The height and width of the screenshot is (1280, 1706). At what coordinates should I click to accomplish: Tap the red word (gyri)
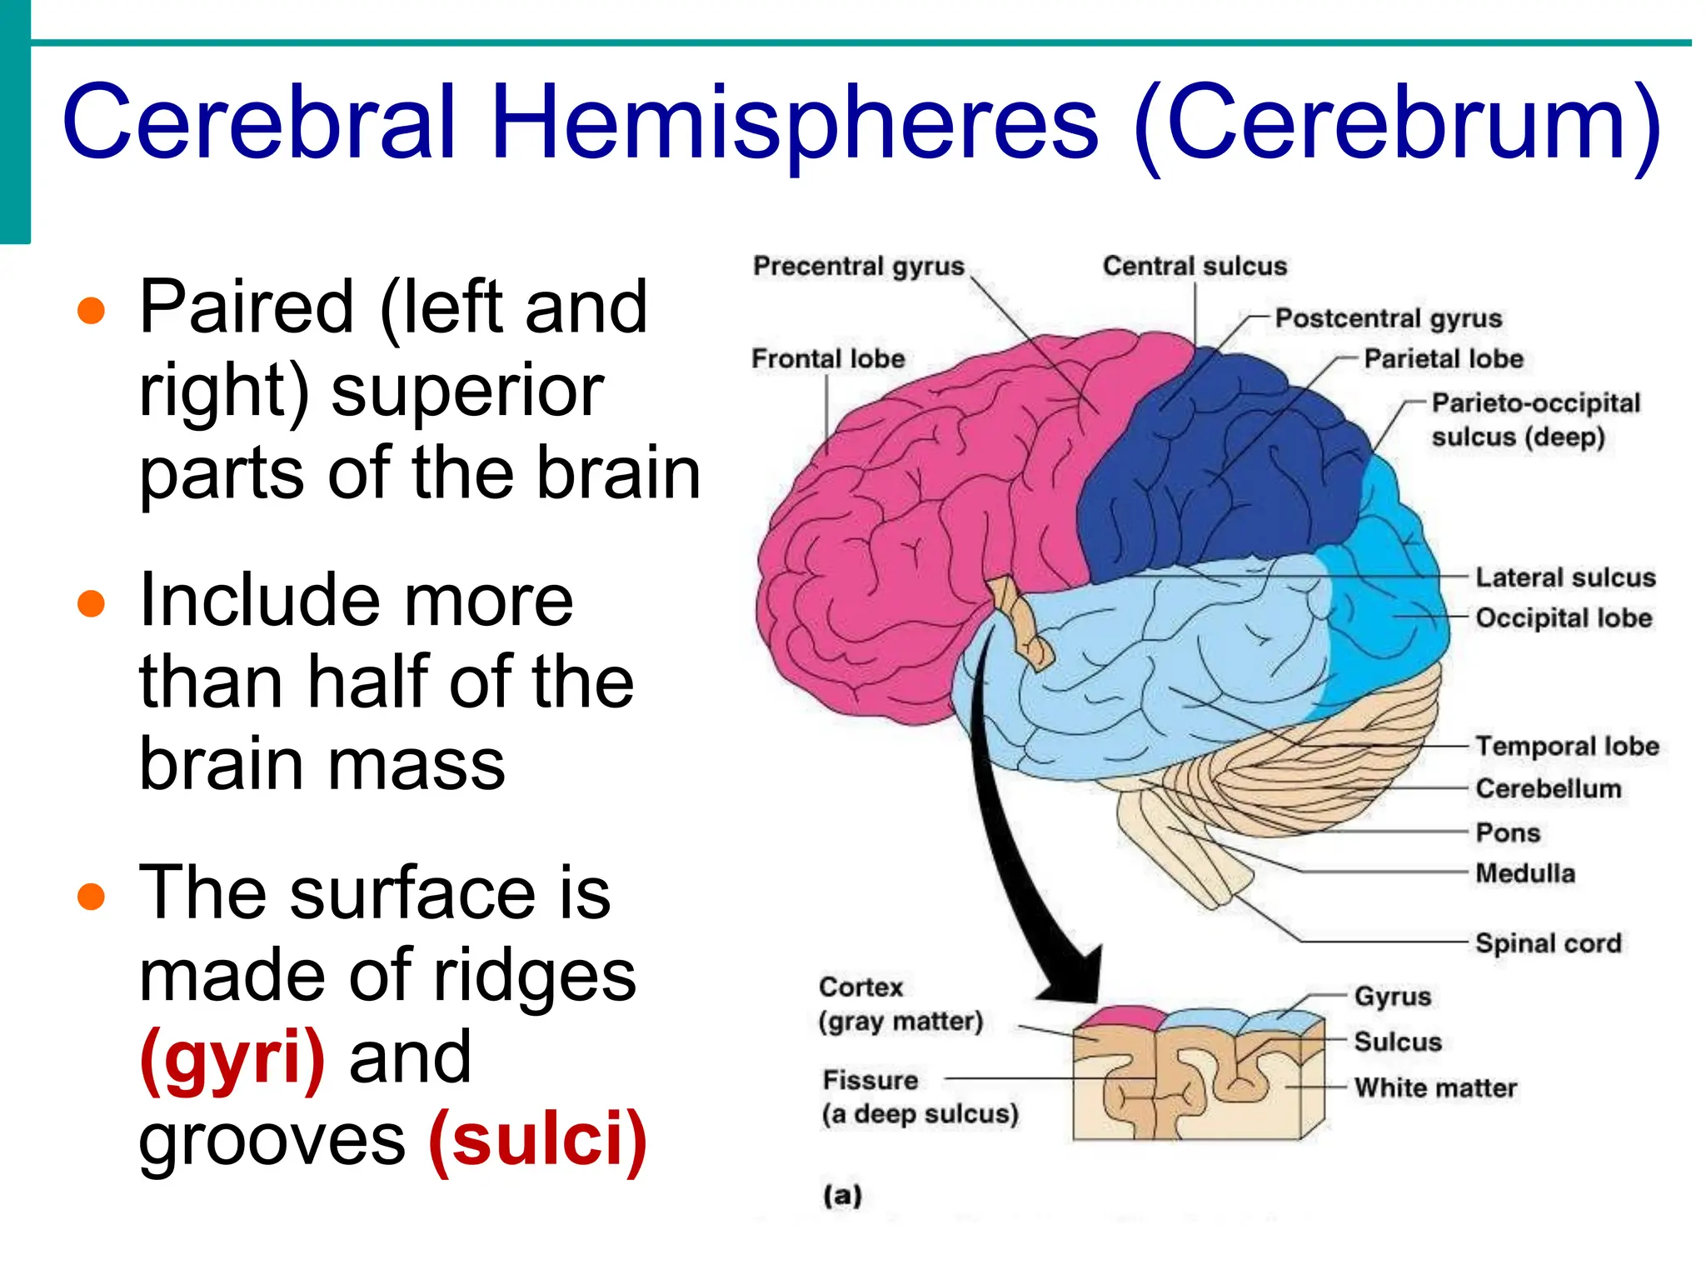click(x=232, y=1057)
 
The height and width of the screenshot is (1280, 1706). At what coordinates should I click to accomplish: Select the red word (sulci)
click(x=537, y=1139)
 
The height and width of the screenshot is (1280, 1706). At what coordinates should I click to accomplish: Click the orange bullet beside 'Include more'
click(x=91, y=603)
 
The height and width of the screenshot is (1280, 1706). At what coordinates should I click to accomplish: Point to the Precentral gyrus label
click(x=858, y=267)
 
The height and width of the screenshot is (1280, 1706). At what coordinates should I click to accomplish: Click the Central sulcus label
click(x=1195, y=267)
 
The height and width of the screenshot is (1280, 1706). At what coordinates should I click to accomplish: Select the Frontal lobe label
click(x=828, y=359)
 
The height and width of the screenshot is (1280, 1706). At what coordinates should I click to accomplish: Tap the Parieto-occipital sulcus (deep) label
click(x=1534, y=420)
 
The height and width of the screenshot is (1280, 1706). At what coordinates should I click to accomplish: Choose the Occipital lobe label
click(x=1564, y=618)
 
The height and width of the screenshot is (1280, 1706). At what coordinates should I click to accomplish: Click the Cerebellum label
click(x=1548, y=788)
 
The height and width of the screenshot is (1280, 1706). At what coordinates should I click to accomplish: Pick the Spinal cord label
click(x=1548, y=943)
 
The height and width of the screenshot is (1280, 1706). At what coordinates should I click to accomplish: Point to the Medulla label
click(x=1524, y=873)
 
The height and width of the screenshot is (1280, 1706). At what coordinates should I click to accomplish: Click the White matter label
click(x=1434, y=1087)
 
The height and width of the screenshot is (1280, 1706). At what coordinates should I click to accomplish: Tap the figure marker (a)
click(x=842, y=1196)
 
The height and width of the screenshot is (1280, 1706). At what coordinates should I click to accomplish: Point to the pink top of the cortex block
click(x=1121, y=1019)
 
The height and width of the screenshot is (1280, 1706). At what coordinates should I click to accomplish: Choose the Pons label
click(x=1507, y=832)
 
